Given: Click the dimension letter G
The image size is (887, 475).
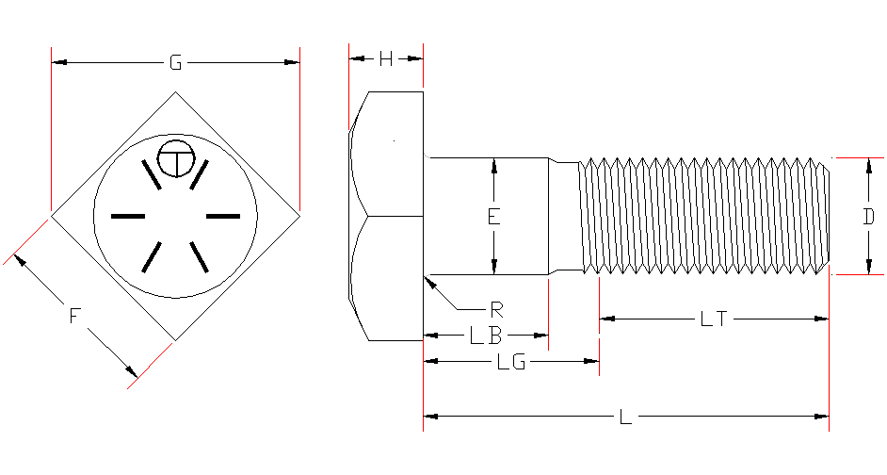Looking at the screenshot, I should (x=175, y=63).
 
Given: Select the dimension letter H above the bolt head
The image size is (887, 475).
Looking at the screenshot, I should (x=386, y=59).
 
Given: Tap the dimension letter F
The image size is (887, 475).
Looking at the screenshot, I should (x=74, y=317).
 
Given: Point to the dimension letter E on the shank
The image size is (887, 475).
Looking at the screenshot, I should (x=493, y=217).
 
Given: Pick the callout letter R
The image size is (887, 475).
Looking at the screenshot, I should (x=494, y=308).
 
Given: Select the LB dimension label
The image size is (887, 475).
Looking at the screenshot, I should (x=488, y=336).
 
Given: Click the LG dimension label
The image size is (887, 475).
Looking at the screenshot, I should (x=510, y=363).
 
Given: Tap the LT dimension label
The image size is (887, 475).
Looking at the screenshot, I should (x=713, y=319).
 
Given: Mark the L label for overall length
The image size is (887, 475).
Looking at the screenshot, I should (x=625, y=416).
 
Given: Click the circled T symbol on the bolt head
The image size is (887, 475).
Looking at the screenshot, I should (x=174, y=159).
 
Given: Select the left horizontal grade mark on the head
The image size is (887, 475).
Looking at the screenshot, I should (x=128, y=217).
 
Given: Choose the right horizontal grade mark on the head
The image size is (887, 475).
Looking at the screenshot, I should (x=223, y=217).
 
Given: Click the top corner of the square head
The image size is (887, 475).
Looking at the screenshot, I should (x=175, y=91).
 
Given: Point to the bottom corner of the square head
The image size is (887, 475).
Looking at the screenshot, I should (x=175, y=339).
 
